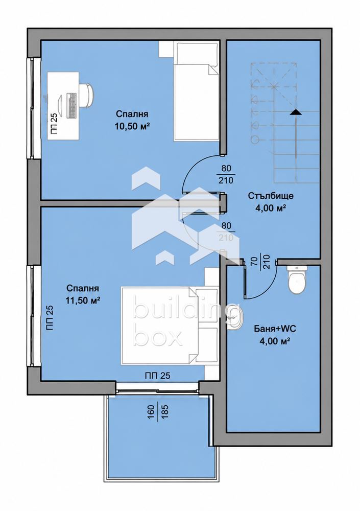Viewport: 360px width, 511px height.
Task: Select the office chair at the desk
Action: point(87,95)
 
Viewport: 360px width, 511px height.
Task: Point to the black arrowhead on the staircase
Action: point(296,112)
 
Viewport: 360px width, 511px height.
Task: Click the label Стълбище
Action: point(271,196)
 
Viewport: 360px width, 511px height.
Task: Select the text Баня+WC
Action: point(275,329)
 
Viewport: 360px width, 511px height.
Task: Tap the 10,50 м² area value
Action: point(132,126)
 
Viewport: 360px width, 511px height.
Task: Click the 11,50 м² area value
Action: point(82,300)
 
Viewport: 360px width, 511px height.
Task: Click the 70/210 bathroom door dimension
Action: point(260,262)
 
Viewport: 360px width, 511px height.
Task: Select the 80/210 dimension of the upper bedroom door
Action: point(226,174)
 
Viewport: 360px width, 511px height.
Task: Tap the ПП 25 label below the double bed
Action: point(158,376)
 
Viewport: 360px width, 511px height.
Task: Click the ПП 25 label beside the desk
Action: point(54,123)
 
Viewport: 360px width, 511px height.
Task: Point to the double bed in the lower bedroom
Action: point(170,326)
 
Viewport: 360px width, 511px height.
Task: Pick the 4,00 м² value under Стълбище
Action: point(271,208)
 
